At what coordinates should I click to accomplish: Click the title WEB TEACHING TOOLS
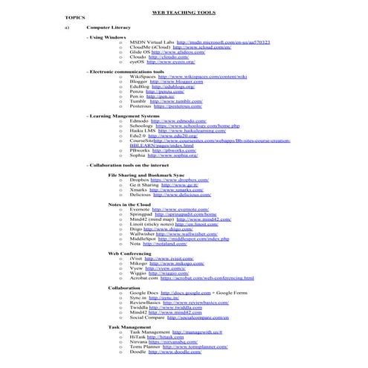coord(183,13)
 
